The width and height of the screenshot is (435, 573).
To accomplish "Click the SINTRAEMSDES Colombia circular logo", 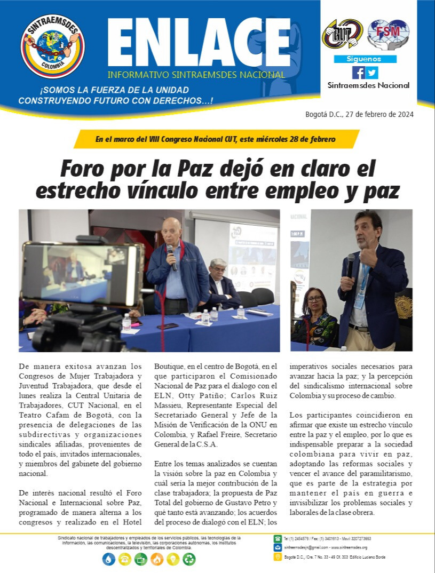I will (52, 46).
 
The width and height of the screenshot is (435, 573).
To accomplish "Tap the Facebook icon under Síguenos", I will (358, 73).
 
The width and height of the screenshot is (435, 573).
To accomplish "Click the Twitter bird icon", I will (372, 73).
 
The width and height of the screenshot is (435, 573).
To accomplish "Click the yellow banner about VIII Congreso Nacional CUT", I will (216, 139).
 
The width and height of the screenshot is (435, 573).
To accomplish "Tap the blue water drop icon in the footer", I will (108, 559).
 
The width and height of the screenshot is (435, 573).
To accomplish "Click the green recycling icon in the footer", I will (189, 559).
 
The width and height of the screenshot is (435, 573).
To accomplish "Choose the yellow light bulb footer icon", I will (173, 559).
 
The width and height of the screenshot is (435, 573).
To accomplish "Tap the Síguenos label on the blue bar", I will (365, 59).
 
